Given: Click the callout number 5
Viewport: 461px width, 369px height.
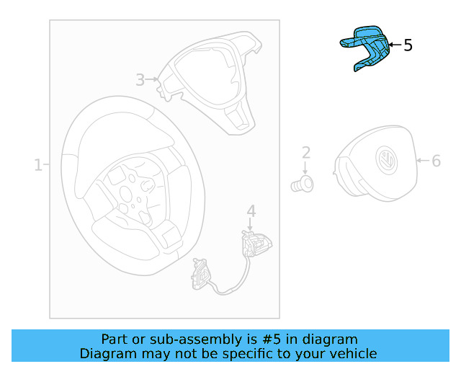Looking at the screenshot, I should coord(408,45).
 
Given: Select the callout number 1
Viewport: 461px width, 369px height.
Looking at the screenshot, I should coord(37,165).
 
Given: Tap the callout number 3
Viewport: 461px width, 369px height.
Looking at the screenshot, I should coord(140,79).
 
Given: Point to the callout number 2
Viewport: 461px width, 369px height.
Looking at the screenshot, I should coord(305,152).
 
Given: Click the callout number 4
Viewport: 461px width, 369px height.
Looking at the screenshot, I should coord(251,210).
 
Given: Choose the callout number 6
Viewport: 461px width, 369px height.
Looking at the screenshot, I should coord(436,161).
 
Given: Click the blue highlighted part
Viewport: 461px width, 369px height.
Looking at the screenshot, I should coord(367,46).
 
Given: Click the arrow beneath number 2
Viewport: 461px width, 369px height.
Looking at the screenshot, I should coord(305,167).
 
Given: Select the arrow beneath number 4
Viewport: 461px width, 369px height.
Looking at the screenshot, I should coord(251,224).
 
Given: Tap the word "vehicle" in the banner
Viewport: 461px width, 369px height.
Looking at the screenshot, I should coord(353,353).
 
